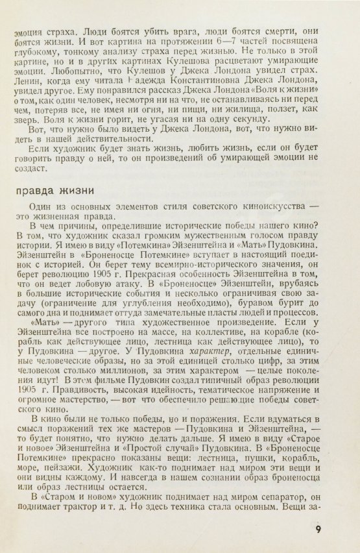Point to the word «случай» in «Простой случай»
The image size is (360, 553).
tap(220, 448)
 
